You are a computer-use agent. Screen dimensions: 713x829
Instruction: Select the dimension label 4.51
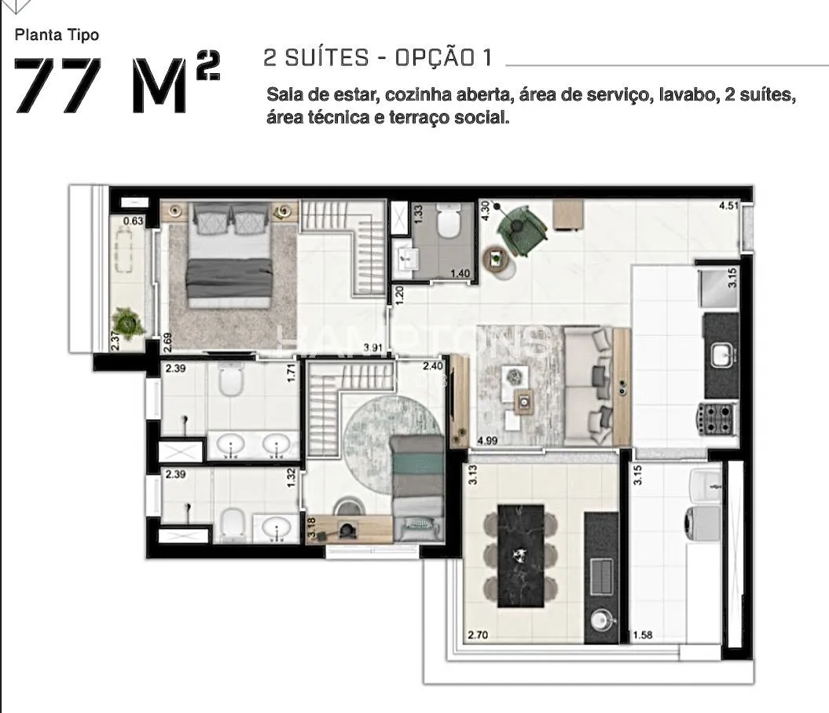(x=728, y=208)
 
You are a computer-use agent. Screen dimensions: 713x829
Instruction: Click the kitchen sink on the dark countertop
(x=721, y=355)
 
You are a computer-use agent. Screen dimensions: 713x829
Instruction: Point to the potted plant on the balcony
(x=126, y=322)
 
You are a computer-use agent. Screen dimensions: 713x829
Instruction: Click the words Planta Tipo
(x=57, y=35)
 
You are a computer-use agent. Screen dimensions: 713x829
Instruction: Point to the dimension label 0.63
(x=133, y=221)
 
